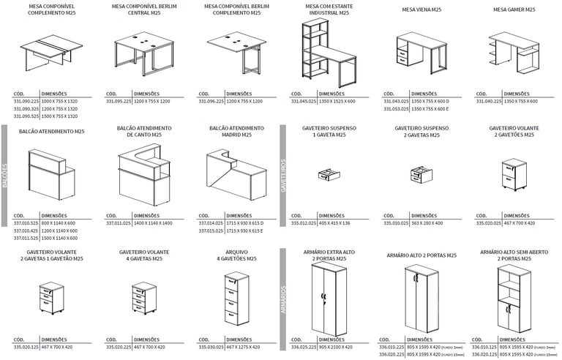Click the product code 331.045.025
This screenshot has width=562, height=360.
click(302, 102)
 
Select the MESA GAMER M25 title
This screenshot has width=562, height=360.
click(514, 10)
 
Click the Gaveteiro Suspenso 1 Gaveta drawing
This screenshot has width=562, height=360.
click(325, 176)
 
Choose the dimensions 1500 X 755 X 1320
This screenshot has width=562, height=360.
click(60, 116)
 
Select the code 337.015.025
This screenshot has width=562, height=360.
click(210, 230)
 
